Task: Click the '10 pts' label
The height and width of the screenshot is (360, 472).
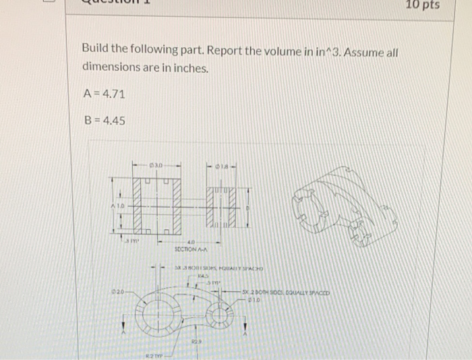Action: [x=423, y=6]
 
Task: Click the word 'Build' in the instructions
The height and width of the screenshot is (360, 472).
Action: [x=96, y=49]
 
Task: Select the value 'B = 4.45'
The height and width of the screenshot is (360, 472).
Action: [x=103, y=122]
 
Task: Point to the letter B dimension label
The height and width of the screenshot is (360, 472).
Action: [x=247, y=207]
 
